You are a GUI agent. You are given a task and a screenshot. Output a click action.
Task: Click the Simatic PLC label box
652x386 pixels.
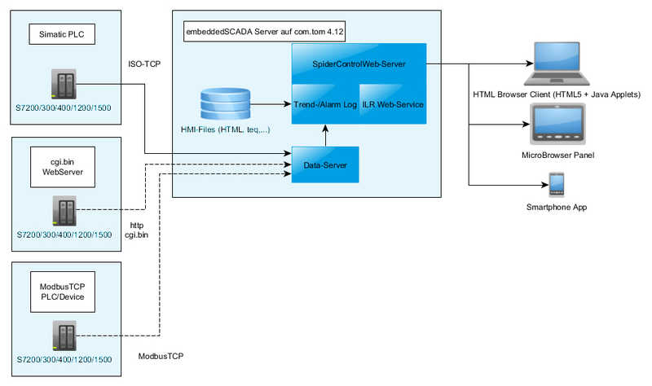coord(62,34)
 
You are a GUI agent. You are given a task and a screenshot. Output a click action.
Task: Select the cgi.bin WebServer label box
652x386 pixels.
coord(63,167)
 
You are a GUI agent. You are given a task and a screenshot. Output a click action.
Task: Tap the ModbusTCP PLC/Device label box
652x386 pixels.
coord(63,292)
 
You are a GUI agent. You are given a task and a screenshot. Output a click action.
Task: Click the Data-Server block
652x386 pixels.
coord(325,165)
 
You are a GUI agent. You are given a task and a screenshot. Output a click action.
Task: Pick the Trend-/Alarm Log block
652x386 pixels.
coord(325,104)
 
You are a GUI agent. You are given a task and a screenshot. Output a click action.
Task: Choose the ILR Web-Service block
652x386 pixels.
coord(393,104)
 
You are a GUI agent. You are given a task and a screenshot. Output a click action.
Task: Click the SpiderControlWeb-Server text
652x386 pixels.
coord(359,64)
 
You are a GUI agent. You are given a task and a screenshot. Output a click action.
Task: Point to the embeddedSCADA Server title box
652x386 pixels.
coord(264,32)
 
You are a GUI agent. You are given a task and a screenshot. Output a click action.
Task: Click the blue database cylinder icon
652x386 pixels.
coord(226,103)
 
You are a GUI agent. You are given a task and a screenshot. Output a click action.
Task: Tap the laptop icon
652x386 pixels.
coord(557,64)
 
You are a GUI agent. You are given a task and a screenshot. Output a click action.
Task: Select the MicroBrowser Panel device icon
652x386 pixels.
coord(557,124)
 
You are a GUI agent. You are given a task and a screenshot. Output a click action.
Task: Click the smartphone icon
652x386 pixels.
coord(557,185)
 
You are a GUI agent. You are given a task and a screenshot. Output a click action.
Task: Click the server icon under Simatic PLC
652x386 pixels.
coord(64,84)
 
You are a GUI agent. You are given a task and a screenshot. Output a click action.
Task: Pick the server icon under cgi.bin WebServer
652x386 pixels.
coord(64,211)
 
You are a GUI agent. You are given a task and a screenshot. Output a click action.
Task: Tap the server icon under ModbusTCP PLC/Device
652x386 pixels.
coord(64,336)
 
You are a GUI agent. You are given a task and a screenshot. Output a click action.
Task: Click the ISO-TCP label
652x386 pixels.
coord(144,64)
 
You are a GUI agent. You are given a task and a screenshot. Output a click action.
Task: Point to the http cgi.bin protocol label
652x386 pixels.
coord(136,230)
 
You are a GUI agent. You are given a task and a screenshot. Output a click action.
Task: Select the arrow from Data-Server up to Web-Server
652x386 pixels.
coord(325,135)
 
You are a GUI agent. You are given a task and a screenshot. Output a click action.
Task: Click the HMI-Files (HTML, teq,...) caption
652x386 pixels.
coord(226,129)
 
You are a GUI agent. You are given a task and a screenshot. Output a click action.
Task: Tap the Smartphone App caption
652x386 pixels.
coord(557,207)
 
